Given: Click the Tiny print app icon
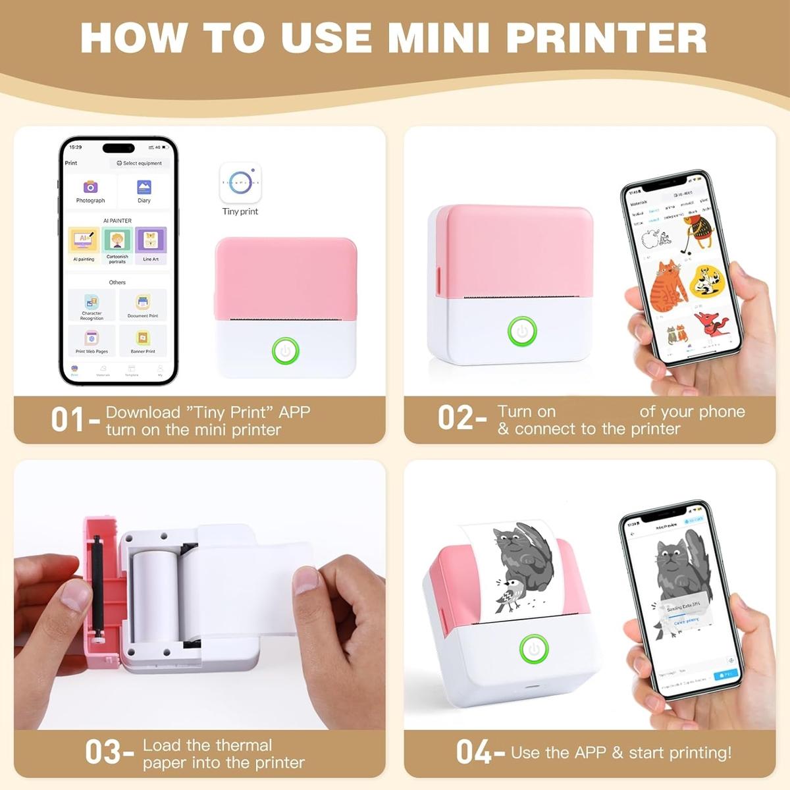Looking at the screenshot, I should pos(240,183).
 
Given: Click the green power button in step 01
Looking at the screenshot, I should pos(286,351).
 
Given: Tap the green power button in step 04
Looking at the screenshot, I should pos(534,649).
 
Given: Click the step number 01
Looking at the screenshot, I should pos(68,420).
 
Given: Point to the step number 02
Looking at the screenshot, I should pos(455,418).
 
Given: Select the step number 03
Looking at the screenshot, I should pos(103,752).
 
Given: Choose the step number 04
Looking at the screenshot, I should pos(473,752).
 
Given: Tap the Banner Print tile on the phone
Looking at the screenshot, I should pos(143,340).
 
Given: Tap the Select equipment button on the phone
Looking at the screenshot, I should pos(139,163).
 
